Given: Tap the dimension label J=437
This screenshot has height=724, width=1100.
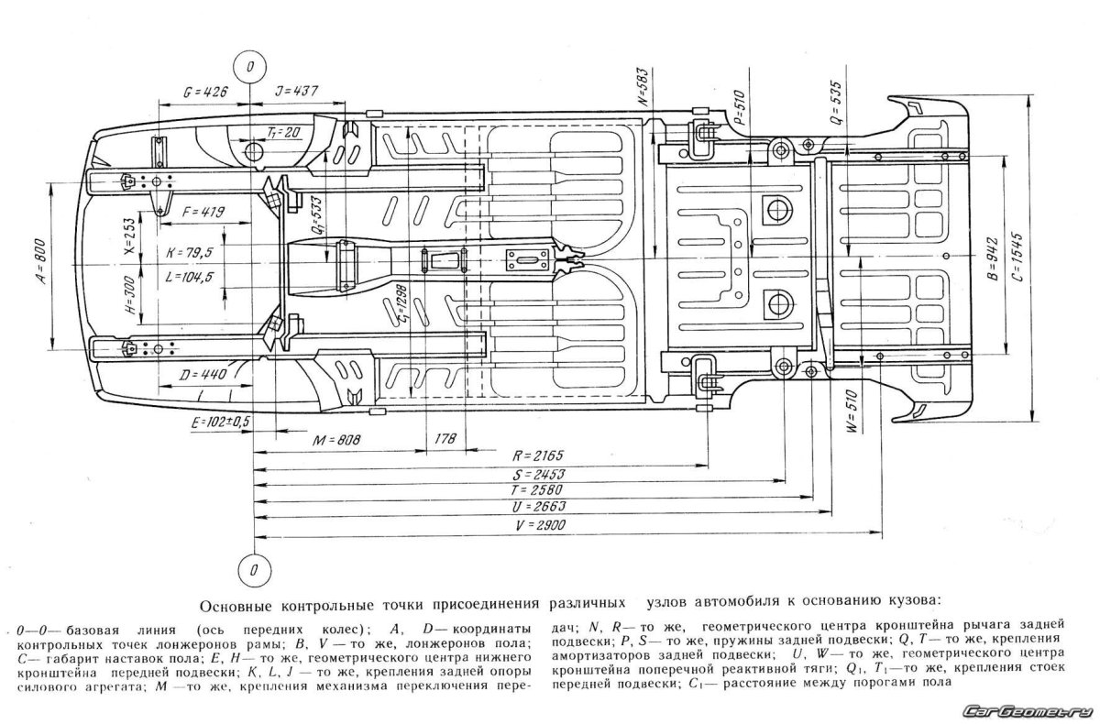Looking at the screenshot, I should point(295,92).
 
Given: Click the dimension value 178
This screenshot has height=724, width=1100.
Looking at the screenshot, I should point(447,441).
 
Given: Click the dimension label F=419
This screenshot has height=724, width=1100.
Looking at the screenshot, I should point(203,212).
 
